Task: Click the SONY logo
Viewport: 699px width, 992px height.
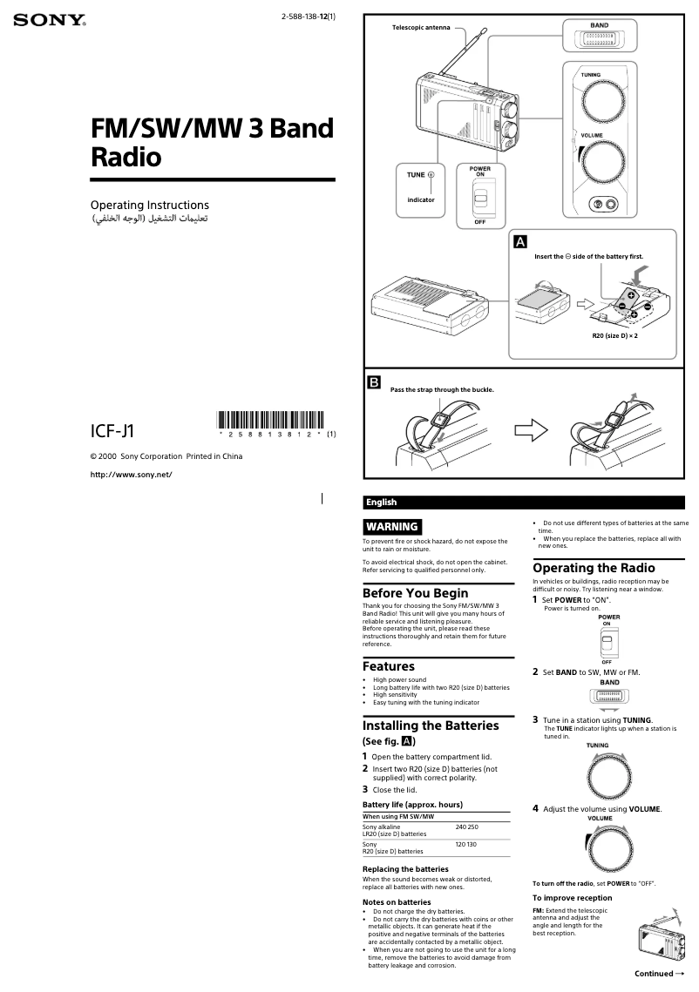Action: click(49, 20)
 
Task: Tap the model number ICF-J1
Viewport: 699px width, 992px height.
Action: click(112, 430)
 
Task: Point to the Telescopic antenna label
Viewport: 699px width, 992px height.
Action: click(421, 28)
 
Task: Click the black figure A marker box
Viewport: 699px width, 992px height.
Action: click(520, 240)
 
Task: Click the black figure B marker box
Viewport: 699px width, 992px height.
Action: click(374, 381)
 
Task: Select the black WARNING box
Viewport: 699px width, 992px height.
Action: click(392, 526)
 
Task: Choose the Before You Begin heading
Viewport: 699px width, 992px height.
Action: click(415, 593)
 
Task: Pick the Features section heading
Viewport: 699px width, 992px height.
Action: click(389, 666)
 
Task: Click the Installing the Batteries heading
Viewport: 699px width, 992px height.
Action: click(431, 725)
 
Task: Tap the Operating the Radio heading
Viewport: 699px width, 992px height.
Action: click(594, 568)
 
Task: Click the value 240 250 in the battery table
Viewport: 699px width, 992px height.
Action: click(466, 826)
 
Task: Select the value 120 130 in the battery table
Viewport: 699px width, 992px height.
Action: click(465, 844)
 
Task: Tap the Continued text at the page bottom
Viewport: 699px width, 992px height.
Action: click(657, 973)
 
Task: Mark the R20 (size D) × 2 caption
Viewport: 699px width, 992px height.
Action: click(615, 335)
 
